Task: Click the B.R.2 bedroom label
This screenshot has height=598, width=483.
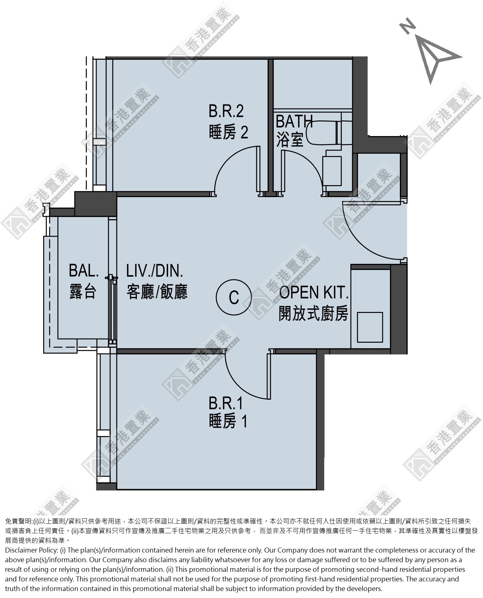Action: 226,111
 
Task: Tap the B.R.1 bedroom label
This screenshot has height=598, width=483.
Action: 226,403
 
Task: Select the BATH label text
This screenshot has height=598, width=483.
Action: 294,121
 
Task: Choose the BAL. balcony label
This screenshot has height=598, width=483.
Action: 84,271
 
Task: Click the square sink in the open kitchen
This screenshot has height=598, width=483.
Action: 370,327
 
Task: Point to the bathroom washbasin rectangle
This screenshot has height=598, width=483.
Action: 332,171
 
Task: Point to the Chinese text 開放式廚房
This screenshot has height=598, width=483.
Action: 313,314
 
